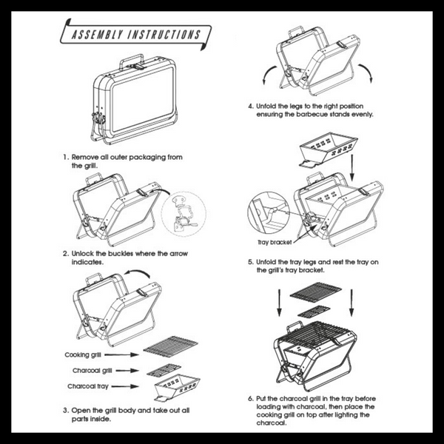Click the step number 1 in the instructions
66,158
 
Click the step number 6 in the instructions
250,397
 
